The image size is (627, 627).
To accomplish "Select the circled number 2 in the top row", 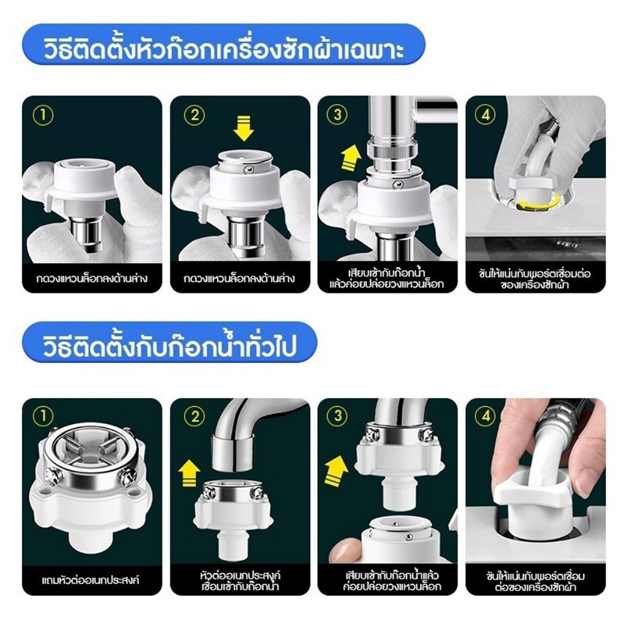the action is click(194, 115).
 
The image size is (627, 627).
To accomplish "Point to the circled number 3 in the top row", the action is click(337, 115).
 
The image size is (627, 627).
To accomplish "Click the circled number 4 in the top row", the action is click(486, 115).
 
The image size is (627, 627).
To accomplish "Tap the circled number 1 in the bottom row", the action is click(43, 416).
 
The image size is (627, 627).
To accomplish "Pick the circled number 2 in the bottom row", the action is click(194, 416).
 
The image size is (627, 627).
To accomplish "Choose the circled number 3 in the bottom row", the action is click(337, 416).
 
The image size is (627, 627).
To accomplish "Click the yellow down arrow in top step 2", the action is click(244, 127).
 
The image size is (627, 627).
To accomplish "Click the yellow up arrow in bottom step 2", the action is click(189, 472).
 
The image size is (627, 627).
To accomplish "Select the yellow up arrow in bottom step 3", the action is click(336, 471).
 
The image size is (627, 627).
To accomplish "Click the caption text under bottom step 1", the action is click(91, 580).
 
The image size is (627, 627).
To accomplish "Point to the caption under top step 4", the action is click(535, 279).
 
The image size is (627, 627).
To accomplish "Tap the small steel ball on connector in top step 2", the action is click(248, 171).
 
